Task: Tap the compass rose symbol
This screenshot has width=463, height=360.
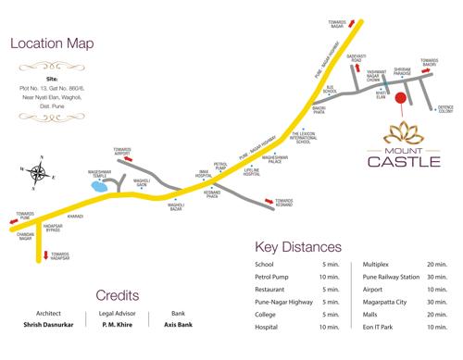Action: pos(39,170)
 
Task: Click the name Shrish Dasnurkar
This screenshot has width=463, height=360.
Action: pos(48,326)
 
